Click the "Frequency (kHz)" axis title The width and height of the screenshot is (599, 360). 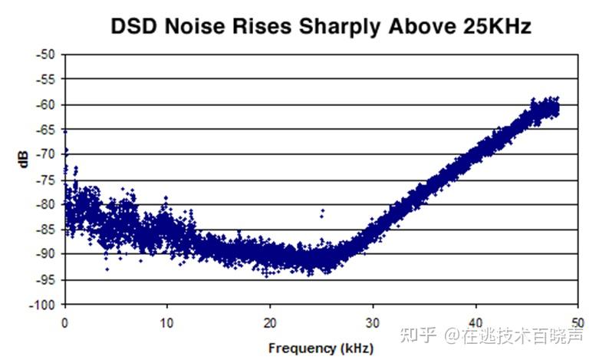pyautogui.click(x=321, y=348)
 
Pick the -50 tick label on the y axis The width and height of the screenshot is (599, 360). pyautogui.click(x=46, y=54)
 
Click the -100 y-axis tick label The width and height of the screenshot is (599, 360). pyautogui.click(x=43, y=305)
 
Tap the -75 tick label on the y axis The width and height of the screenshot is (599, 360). pyautogui.click(x=46, y=180)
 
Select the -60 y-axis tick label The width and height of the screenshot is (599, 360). pyautogui.click(x=46, y=104)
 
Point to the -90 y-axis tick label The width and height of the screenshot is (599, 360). pyautogui.click(x=46, y=254)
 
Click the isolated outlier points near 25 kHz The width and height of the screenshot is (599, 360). pyautogui.click(x=322, y=211)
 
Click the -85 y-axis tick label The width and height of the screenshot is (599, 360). pyautogui.click(x=46, y=230)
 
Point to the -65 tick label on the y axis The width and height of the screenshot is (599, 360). pyautogui.click(x=46, y=130)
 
